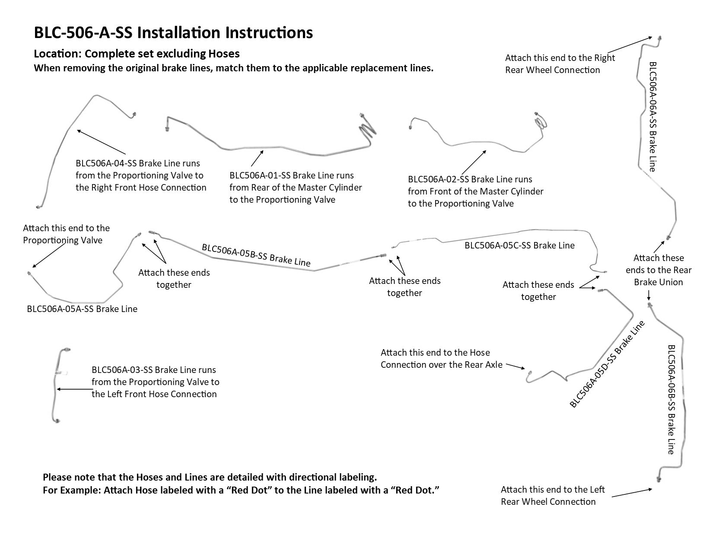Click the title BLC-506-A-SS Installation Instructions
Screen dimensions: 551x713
[x=173, y=33]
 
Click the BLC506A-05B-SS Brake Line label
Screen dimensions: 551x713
[x=256, y=255]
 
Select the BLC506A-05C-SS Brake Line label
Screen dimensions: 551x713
[x=519, y=245]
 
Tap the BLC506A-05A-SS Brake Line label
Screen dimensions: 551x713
[x=82, y=309]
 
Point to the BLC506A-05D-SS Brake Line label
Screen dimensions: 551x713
[x=607, y=364]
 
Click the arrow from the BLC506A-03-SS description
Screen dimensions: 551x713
[x=73, y=389]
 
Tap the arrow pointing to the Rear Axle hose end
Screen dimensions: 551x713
[x=515, y=367]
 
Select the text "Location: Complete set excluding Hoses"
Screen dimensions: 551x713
[x=137, y=54]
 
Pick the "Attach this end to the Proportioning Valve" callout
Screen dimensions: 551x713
[x=66, y=234]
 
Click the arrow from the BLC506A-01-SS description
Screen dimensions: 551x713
[x=257, y=159]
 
